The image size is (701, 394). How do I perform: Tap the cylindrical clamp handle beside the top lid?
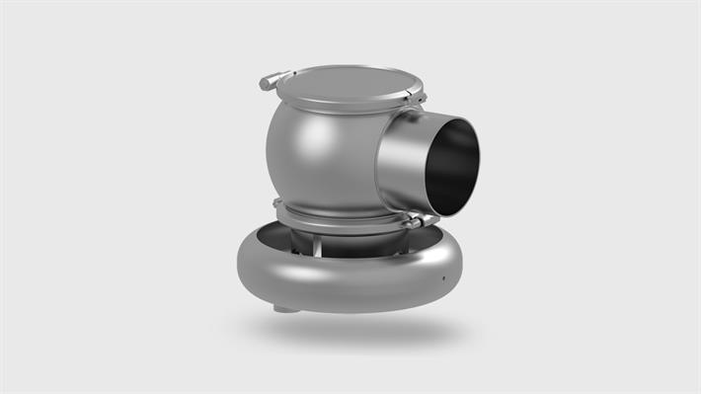coord(273,79)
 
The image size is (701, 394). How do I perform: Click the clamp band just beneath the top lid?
coord(341,105)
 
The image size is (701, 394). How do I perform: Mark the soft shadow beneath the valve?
coord(355,331)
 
